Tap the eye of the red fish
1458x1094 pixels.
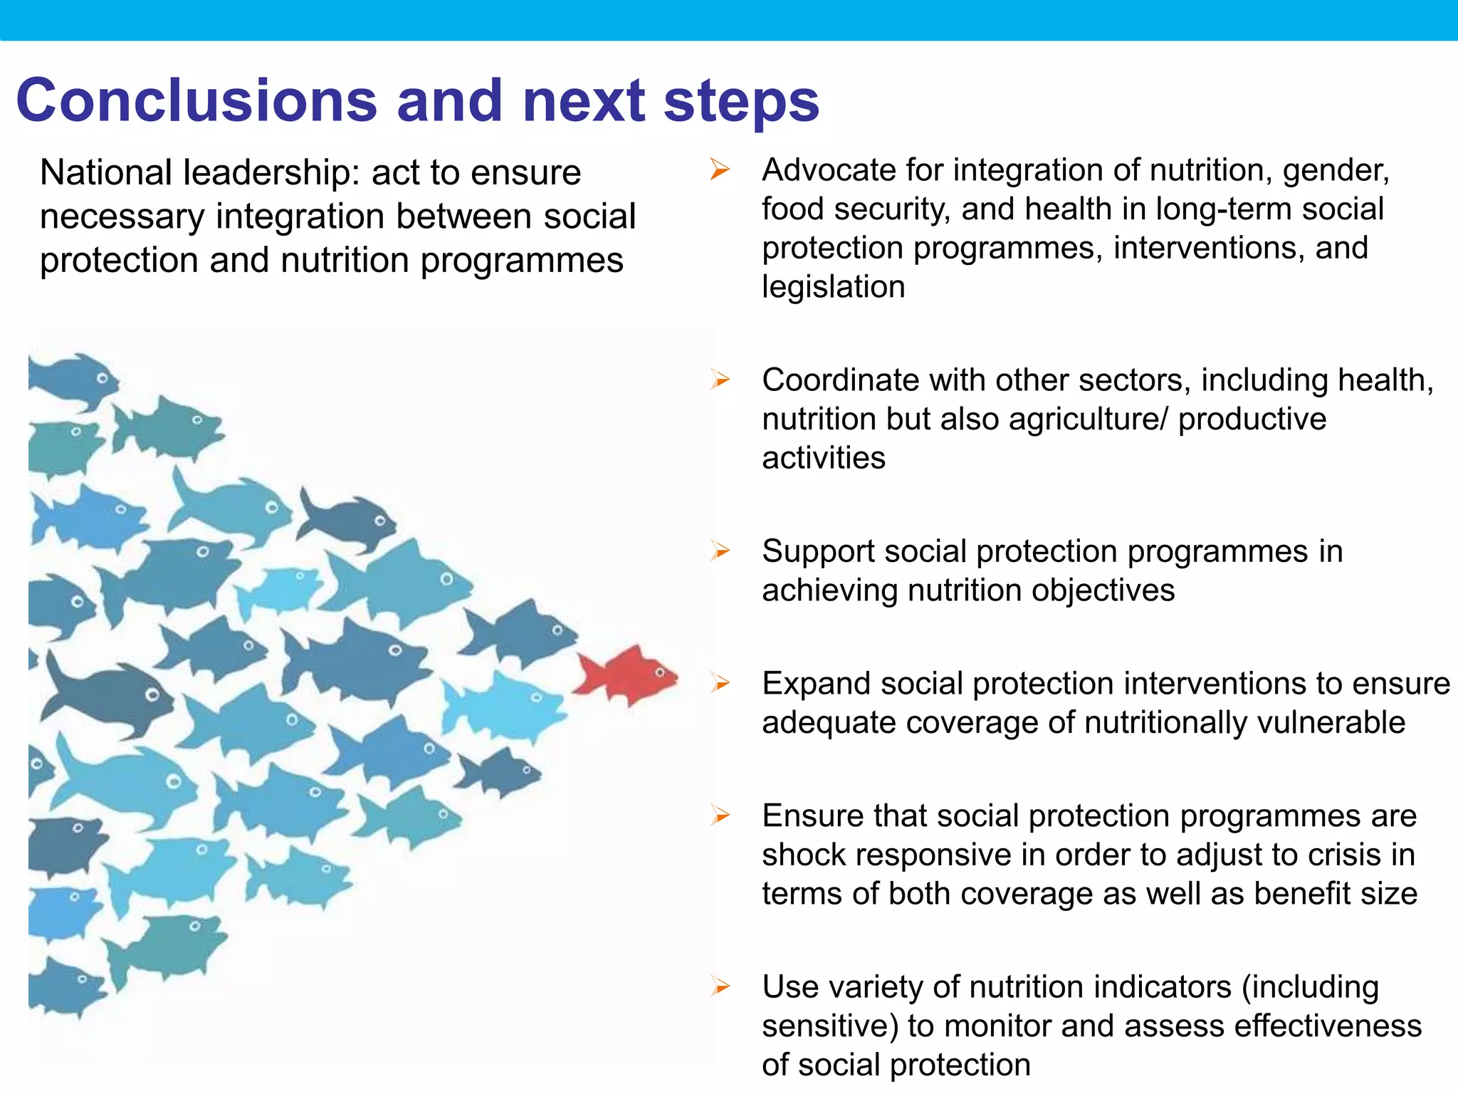[x=660, y=672]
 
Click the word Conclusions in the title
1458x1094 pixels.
[x=196, y=100]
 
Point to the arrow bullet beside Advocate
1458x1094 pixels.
[x=720, y=170]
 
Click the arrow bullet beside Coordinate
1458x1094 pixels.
[x=720, y=380]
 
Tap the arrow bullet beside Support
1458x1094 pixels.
[x=720, y=551]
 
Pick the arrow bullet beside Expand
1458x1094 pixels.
[x=720, y=683]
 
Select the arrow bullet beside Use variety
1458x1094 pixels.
[x=720, y=986]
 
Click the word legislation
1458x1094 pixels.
[x=833, y=287]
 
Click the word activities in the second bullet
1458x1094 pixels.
[x=823, y=458]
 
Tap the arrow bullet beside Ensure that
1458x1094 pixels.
[x=720, y=816]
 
